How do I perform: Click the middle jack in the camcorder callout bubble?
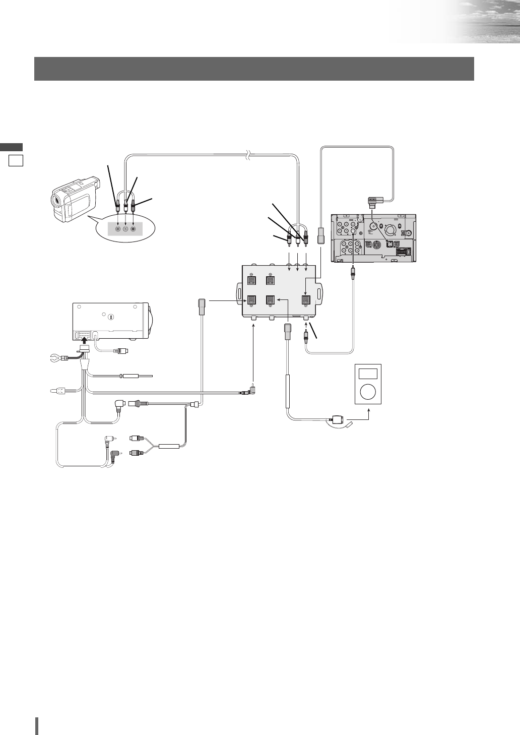125,229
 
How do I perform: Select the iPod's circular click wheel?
368,392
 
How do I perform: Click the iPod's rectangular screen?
368,374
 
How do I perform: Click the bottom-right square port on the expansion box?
306,299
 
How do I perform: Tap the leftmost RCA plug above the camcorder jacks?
118,206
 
